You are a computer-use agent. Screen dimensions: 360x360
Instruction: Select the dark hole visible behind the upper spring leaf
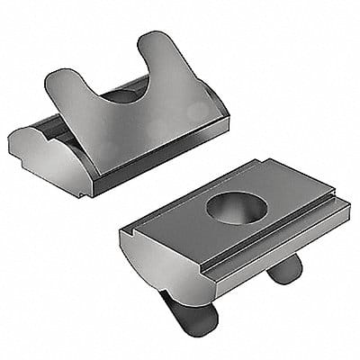[125, 94]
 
